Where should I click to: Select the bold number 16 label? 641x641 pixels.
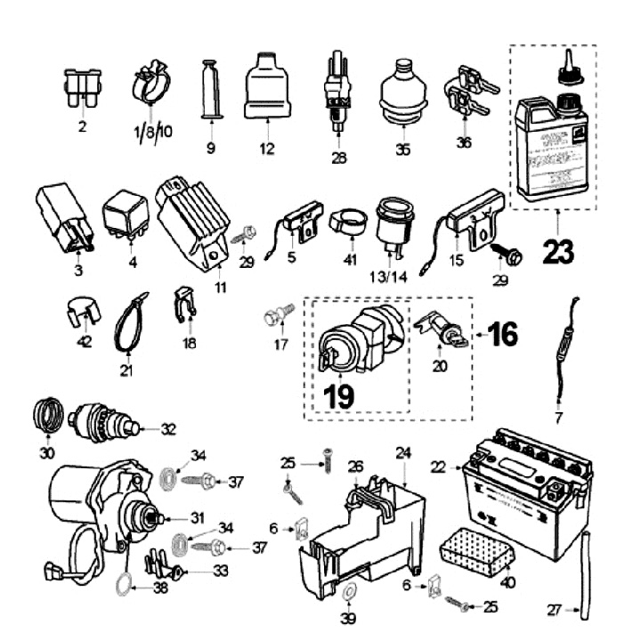502,335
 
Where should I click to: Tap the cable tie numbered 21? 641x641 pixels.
127,327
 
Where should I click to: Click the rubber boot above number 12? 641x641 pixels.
266,86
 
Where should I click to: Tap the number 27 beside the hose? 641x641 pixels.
555,611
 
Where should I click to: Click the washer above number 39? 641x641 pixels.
348,591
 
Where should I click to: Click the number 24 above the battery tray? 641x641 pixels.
403,453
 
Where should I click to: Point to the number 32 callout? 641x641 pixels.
169,428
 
